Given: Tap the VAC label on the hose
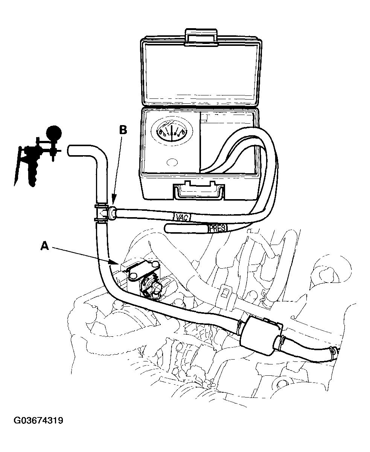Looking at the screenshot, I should coord(182,217).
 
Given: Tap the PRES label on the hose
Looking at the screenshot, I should coord(217,228).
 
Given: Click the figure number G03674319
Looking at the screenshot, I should coord(38,420).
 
